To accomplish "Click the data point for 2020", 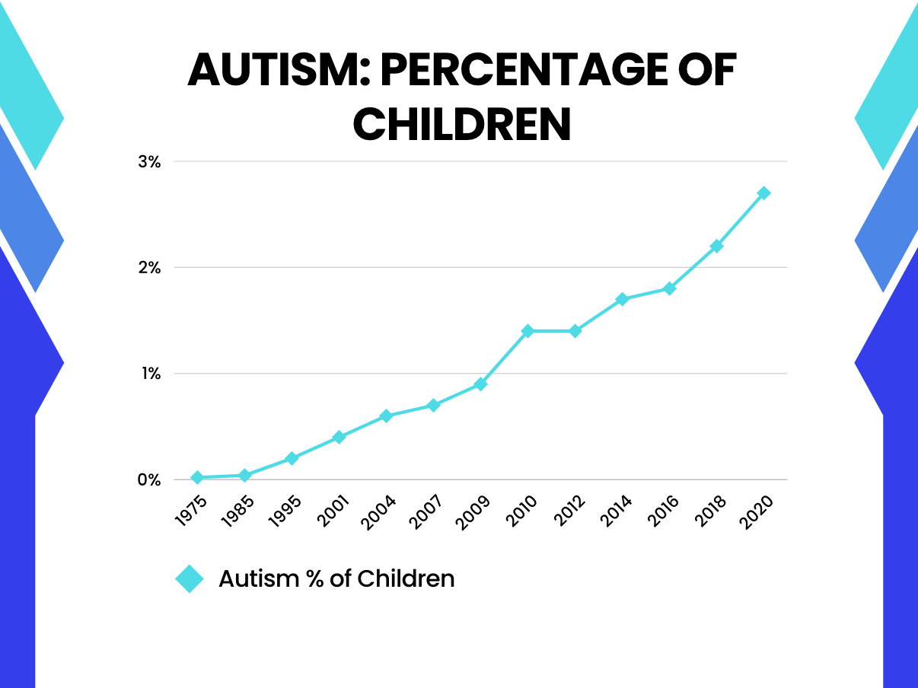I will click(x=763, y=193).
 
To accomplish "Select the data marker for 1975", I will click(x=197, y=478).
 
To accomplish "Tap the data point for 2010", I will click(x=528, y=331).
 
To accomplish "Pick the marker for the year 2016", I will click(x=669, y=288).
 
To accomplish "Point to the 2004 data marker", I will click(x=386, y=416).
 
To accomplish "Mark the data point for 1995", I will click(x=292, y=458).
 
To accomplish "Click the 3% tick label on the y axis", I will click(x=149, y=161).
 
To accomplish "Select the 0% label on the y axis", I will click(x=148, y=479).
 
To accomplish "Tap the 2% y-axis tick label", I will click(x=149, y=268).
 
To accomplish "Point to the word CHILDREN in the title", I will click(x=462, y=124).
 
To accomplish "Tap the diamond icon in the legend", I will click(x=190, y=579).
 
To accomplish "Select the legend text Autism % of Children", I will click(x=336, y=578).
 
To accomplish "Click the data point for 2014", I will click(x=622, y=299).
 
